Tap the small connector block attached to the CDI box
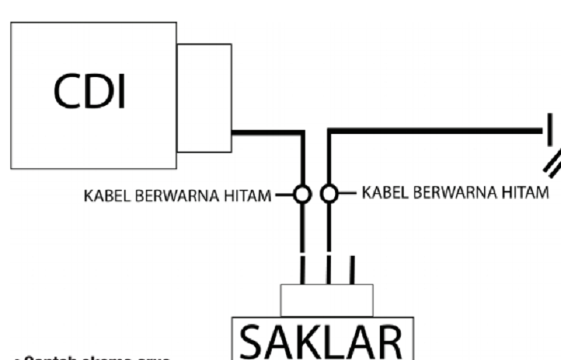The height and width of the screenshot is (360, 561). (x=204, y=98)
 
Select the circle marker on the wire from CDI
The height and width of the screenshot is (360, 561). (x=302, y=194)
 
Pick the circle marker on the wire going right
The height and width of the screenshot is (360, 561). (x=329, y=194)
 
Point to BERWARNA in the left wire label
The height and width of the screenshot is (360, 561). (x=172, y=195)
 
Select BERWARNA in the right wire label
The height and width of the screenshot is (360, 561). (x=450, y=193)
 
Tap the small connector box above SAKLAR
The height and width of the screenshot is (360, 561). (x=326, y=300)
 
